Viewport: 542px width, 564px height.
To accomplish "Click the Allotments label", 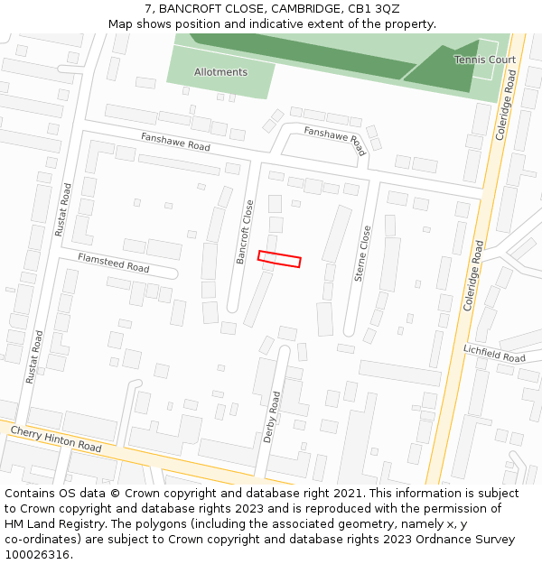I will [220, 72].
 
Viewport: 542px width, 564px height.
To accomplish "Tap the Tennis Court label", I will [485, 60].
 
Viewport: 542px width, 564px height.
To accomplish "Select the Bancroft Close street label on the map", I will [243, 232].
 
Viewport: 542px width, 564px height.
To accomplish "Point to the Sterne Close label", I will [362, 254].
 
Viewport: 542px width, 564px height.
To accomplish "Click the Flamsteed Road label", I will [113, 263].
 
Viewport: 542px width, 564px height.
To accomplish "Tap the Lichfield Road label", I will [494, 353].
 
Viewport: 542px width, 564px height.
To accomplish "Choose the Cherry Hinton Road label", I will [56, 439].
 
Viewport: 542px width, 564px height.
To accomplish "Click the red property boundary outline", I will [279, 259].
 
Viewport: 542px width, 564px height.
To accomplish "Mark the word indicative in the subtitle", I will [266, 24].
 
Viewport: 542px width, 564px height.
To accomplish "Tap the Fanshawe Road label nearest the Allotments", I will [175, 141].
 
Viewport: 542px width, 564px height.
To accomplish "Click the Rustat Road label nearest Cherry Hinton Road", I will [34, 357].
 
